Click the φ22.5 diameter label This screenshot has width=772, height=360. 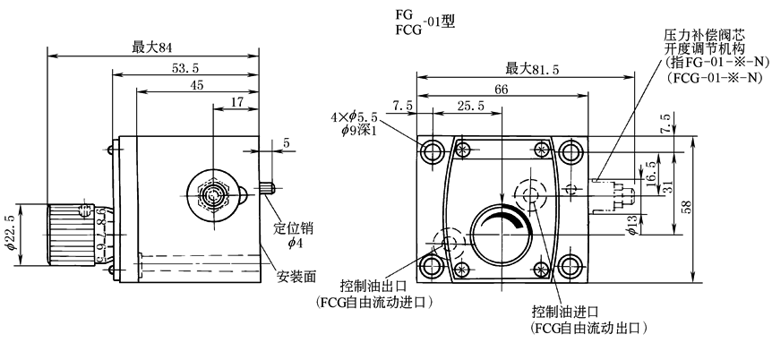click(x=11, y=234)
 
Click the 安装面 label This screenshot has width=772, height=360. click(x=296, y=277)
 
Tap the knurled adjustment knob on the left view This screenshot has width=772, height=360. click(x=70, y=234)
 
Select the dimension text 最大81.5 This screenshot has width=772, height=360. click(x=528, y=67)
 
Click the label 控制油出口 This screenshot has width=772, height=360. click(x=372, y=287)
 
